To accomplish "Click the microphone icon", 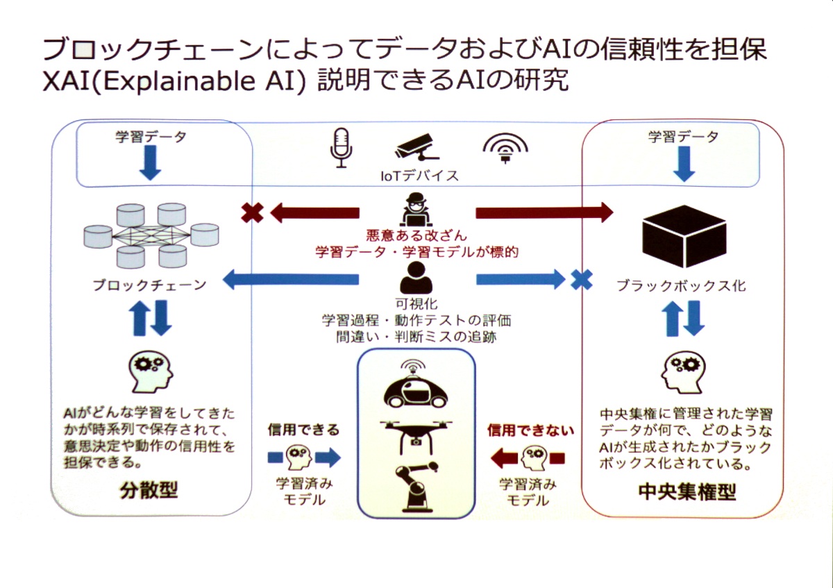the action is pyautogui.click(x=341, y=148).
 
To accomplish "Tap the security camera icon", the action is pyautogui.click(x=417, y=149).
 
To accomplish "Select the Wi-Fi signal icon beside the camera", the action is pyautogui.click(x=505, y=149).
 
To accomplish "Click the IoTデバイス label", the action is pyautogui.click(x=419, y=176).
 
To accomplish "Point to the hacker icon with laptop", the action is pyautogui.click(x=416, y=210).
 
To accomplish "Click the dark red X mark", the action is pyautogui.click(x=252, y=213).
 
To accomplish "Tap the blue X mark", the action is pyautogui.click(x=581, y=280).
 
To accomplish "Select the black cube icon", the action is pyautogui.click(x=684, y=236).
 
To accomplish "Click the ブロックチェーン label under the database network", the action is pyautogui.click(x=150, y=285).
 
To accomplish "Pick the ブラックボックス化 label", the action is pyautogui.click(x=682, y=285).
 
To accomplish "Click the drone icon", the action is pyautogui.click(x=416, y=436).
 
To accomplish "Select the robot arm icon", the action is pyautogui.click(x=416, y=487).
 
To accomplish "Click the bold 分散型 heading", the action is pyautogui.click(x=149, y=490).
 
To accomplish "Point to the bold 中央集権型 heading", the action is pyautogui.click(x=687, y=491).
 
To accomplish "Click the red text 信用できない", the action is pyautogui.click(x=530, y=430).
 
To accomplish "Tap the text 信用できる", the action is pyautogui.click(x=304, y=430).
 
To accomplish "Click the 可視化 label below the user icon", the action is pyautogui.click(x=416, y=304).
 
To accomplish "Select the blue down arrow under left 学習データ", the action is pyautogui.click(x=150, y=163).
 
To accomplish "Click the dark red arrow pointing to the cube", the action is pyautogui.click(x=544, y=212).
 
